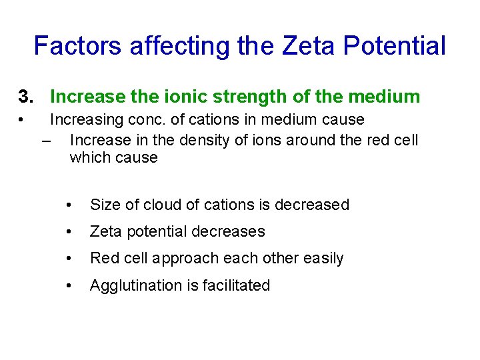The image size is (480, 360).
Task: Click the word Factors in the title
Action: click(x=79, y=46)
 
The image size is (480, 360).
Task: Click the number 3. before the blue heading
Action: click(x=26, y=97)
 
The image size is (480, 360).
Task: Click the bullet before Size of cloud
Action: click(x=70, y=205)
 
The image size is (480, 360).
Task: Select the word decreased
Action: click(x=313, y=205)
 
